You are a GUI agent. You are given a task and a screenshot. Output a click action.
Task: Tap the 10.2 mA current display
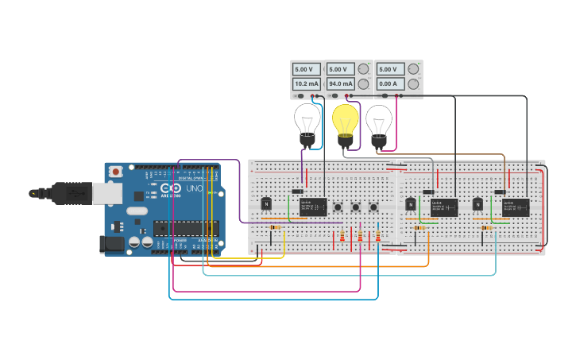[307, 83]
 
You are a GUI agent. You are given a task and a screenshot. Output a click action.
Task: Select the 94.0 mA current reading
[341, 83]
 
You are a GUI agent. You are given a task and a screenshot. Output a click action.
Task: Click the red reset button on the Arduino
[116, 171]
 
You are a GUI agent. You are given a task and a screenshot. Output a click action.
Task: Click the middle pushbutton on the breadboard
[355, 208]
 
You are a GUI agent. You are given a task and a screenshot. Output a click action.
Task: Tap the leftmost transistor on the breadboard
[266, 204]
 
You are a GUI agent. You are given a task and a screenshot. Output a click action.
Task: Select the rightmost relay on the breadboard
[516, 207]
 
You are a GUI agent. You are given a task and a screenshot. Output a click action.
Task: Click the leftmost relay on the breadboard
[313, 207]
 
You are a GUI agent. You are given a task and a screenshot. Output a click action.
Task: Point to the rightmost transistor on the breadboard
[477, 204]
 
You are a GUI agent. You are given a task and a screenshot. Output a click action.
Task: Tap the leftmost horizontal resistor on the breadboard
[275, 228]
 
